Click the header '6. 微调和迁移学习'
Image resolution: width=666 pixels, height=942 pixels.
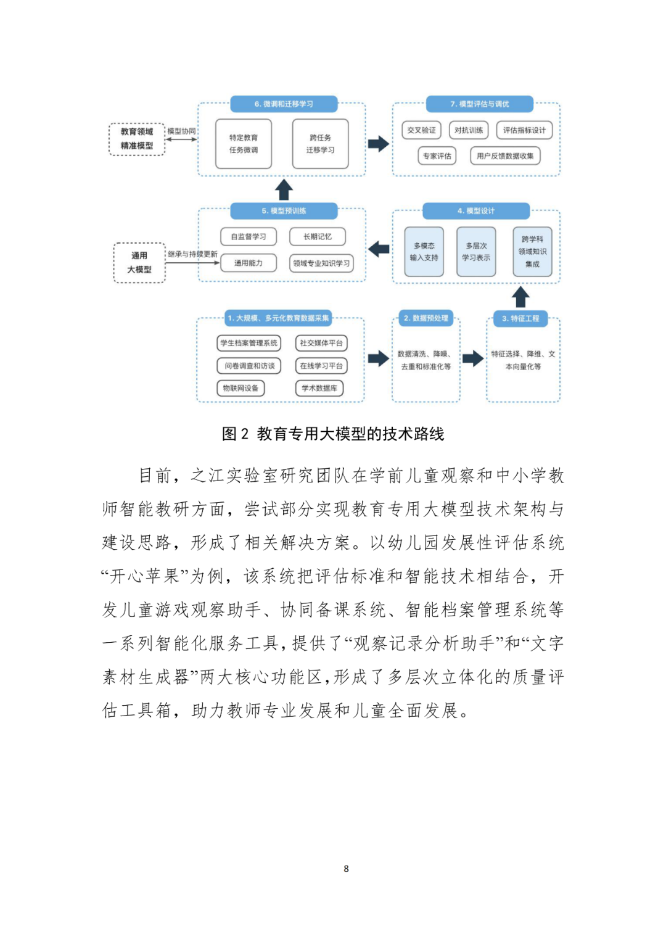pos(284,104)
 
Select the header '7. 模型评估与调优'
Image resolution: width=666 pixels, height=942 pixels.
pos(479,104)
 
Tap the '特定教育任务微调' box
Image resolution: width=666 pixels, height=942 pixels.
pos(244,144)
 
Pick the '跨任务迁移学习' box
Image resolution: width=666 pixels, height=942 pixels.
pos(320,144)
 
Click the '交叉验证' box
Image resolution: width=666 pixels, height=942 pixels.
pos(421,130)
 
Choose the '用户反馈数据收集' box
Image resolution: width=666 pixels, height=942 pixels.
pos(505,156)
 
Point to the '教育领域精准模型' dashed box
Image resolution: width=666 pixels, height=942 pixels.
pos(137,139)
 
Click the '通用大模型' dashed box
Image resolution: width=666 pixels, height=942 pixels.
pos(139,263)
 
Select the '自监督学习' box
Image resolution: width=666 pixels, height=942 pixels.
pos(249,236)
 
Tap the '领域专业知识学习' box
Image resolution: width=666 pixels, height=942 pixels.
pos(321,263)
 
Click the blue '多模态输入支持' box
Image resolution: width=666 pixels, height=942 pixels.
pos(424,252)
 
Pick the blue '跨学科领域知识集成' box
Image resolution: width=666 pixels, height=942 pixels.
pos(532,252)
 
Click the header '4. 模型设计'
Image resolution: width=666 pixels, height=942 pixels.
pos(476,211)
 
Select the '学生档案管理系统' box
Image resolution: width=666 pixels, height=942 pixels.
pos(249,343)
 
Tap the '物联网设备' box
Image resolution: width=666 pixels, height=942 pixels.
pos(240,388)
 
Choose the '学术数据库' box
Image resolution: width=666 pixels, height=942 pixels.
pos(319,388)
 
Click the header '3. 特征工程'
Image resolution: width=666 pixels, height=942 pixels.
pos(520,318)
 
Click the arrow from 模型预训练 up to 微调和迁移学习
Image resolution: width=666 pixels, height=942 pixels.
pos(284,189)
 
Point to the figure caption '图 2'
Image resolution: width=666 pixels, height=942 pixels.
pos(235,434)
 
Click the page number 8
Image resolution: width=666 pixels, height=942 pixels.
pos(346,869)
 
